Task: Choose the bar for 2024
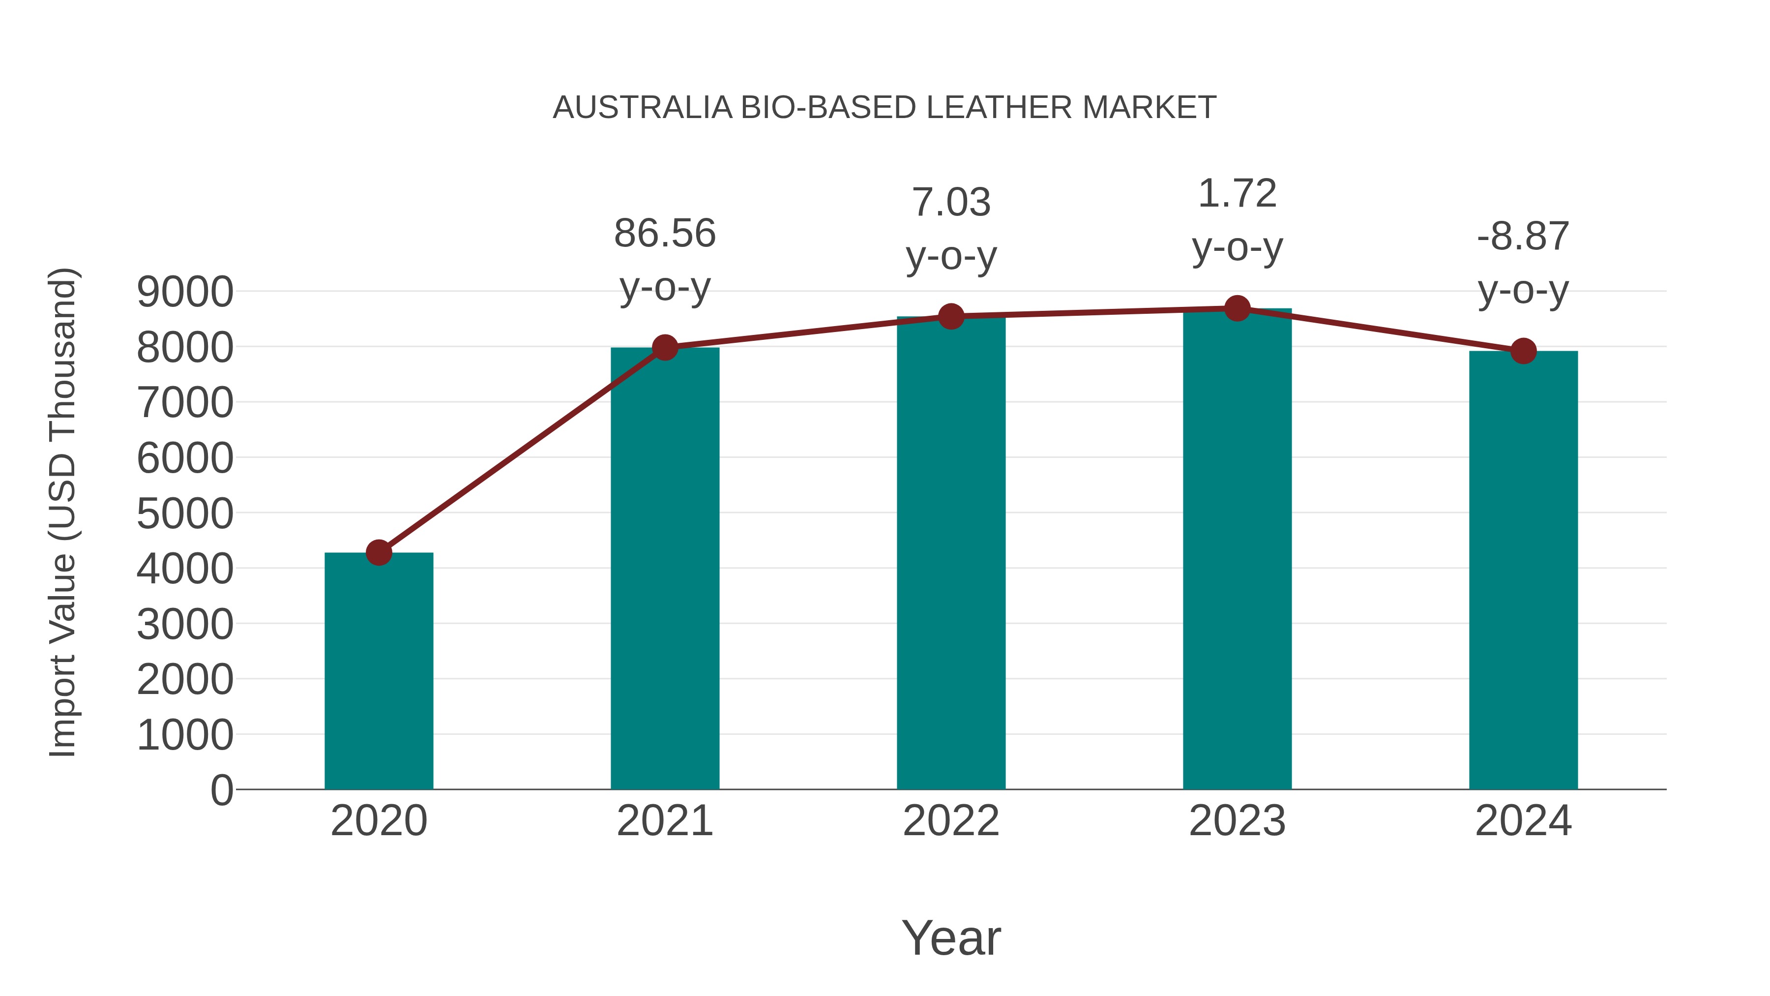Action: [x=1523, y=570]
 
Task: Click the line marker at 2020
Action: [x=379, y=552]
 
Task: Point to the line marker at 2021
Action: [x=664, y=348]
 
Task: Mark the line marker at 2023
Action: [x=1237, y=308]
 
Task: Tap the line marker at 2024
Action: [x=1523, y=351]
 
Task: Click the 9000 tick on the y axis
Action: [x=185, y=292]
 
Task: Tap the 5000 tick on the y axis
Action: [x=185, y=513]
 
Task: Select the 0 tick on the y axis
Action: [x=221, y=790]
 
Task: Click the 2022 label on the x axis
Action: [x=951, y=821]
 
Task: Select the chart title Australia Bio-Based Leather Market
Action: [x=885, y=108]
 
